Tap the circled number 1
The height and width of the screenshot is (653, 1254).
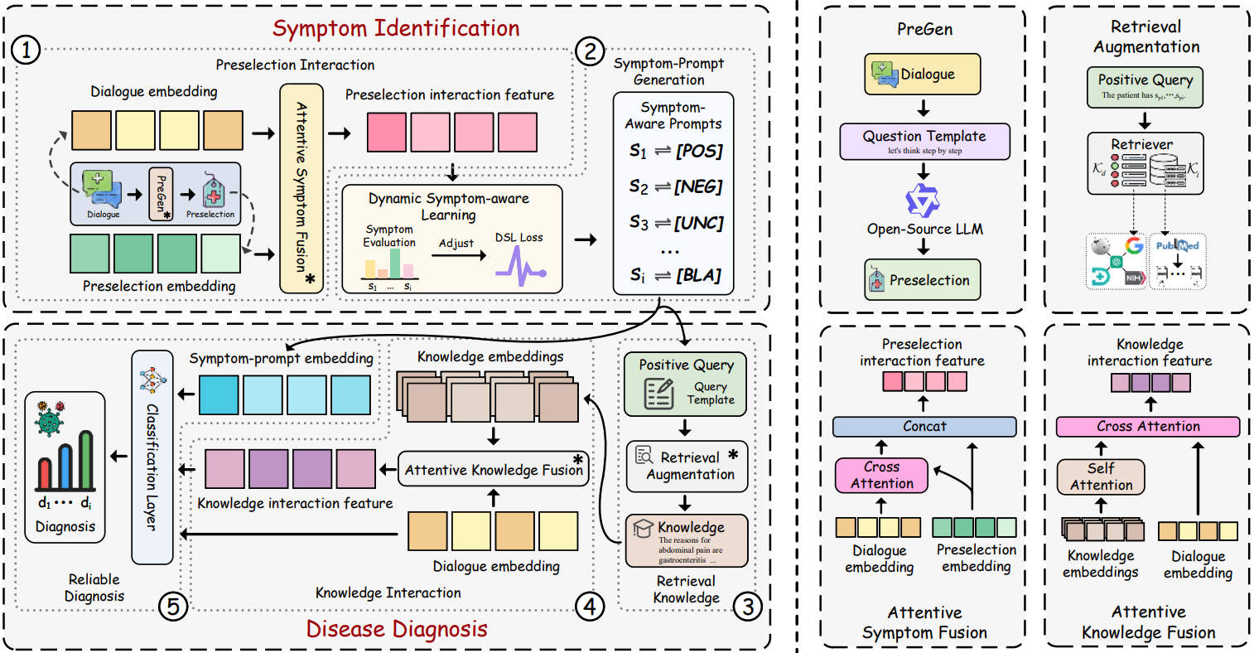(26, 51)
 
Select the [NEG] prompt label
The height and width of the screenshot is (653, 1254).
(698, 186)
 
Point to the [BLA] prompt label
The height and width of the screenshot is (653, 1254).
(698, 275)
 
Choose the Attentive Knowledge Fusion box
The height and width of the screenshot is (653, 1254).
(494, 470)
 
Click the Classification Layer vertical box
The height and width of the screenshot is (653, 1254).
(152, 457)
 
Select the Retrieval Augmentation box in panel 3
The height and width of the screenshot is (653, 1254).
(687, 466)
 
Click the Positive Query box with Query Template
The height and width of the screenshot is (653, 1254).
(685, 385)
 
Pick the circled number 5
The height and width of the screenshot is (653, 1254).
(172, 607)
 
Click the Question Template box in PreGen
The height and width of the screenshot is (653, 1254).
(924, 142)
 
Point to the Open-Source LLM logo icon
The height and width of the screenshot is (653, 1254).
(922, 201)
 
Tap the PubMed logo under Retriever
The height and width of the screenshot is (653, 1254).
(1178, 245)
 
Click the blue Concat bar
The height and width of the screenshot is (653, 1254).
(924, 426)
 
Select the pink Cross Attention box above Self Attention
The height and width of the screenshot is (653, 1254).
(1148, 426)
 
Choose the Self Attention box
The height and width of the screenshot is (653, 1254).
(1101, 476)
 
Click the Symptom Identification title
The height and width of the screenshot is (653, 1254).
(396, 28)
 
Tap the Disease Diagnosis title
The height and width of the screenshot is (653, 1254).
(397, 629)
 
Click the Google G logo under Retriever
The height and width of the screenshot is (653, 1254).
(1133, 245)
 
